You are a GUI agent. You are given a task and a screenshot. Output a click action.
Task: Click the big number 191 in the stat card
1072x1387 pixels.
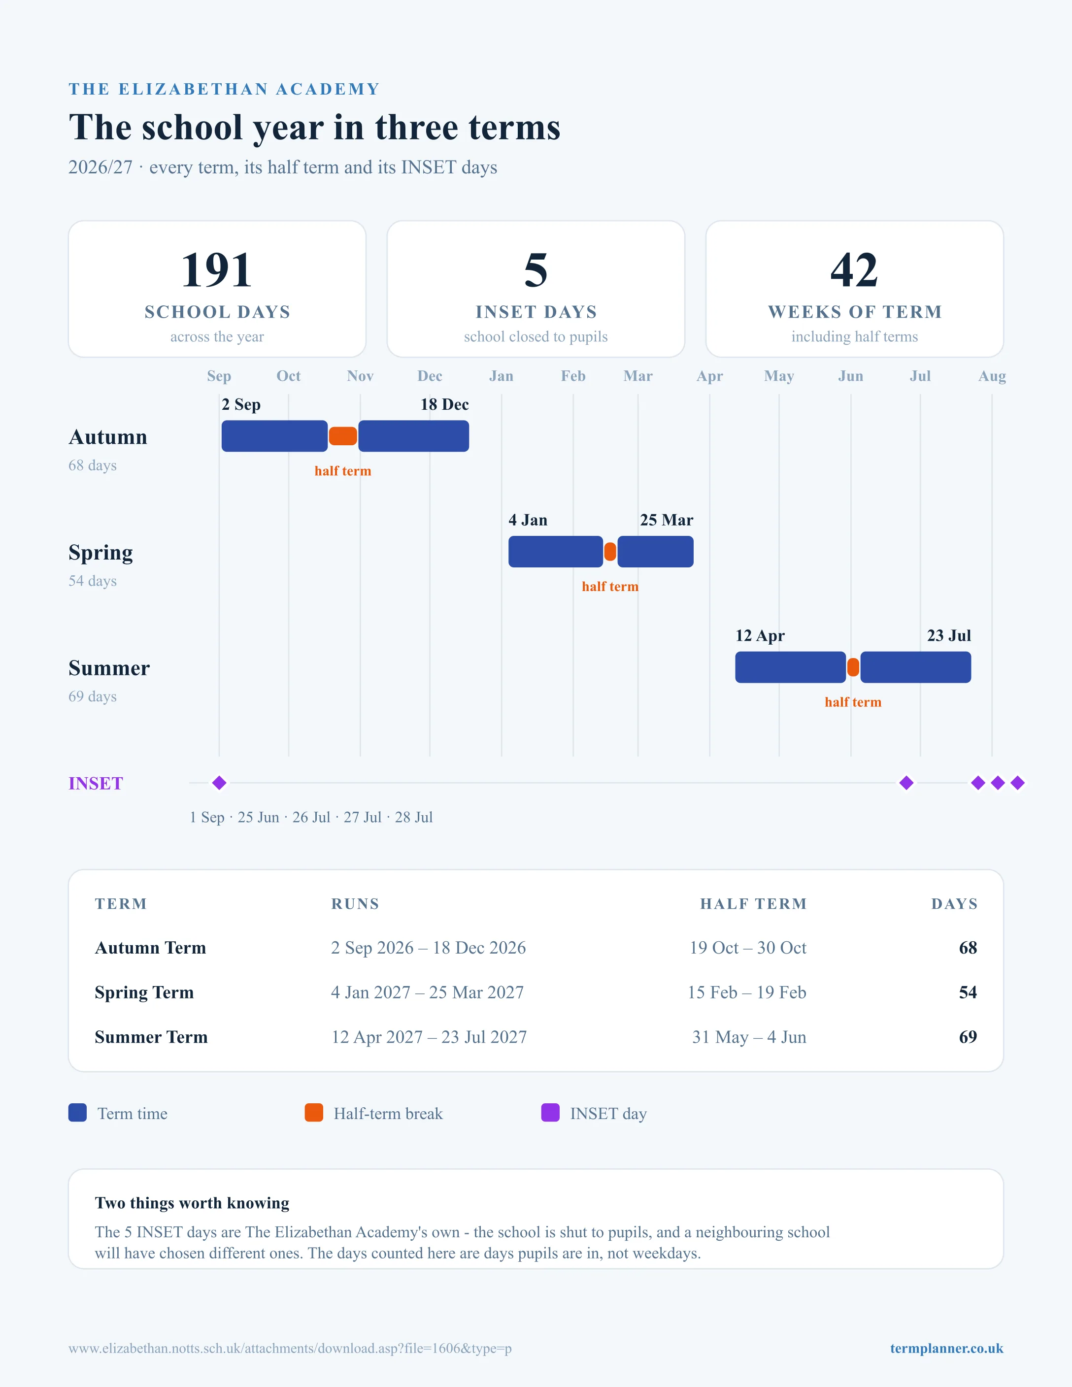point(217,269)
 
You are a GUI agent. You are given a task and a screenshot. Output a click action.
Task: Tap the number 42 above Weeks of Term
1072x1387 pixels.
point(854,269)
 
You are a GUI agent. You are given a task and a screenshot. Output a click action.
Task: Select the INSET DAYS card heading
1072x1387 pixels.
point(536,312)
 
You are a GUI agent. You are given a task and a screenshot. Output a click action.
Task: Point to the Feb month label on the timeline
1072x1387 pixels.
point(573,376)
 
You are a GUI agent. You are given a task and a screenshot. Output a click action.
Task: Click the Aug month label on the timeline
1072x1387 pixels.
point(992,376)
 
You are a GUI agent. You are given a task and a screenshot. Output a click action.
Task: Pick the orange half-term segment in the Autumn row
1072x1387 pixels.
point(343,436)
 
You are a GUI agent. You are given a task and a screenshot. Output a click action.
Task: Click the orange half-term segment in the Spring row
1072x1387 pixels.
point(610,552)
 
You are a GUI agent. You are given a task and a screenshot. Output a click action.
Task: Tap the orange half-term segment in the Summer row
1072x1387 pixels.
point(853,667)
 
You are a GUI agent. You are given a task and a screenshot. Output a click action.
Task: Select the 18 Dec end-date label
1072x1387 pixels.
point(444,404)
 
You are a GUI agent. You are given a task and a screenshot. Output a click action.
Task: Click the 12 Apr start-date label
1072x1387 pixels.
point(760,636)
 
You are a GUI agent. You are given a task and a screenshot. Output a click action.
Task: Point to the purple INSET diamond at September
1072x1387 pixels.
point(219,783)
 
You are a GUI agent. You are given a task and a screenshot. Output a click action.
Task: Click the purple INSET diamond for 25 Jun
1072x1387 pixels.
point(906,783)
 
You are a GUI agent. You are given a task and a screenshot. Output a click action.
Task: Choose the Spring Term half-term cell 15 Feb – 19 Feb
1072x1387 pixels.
point(747,992)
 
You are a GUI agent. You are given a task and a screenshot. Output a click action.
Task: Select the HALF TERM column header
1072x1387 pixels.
point(753,904)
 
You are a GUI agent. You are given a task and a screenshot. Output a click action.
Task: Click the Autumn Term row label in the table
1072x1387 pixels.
point(151,948)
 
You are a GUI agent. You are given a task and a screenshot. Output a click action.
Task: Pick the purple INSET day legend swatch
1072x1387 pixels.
point(550,1113)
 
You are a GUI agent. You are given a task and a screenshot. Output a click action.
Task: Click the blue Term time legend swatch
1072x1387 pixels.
point(77,1113)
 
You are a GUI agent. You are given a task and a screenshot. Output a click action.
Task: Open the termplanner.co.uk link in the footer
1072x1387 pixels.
point(946,1348)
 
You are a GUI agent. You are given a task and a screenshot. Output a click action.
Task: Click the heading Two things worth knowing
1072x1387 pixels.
point(192,1203)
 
